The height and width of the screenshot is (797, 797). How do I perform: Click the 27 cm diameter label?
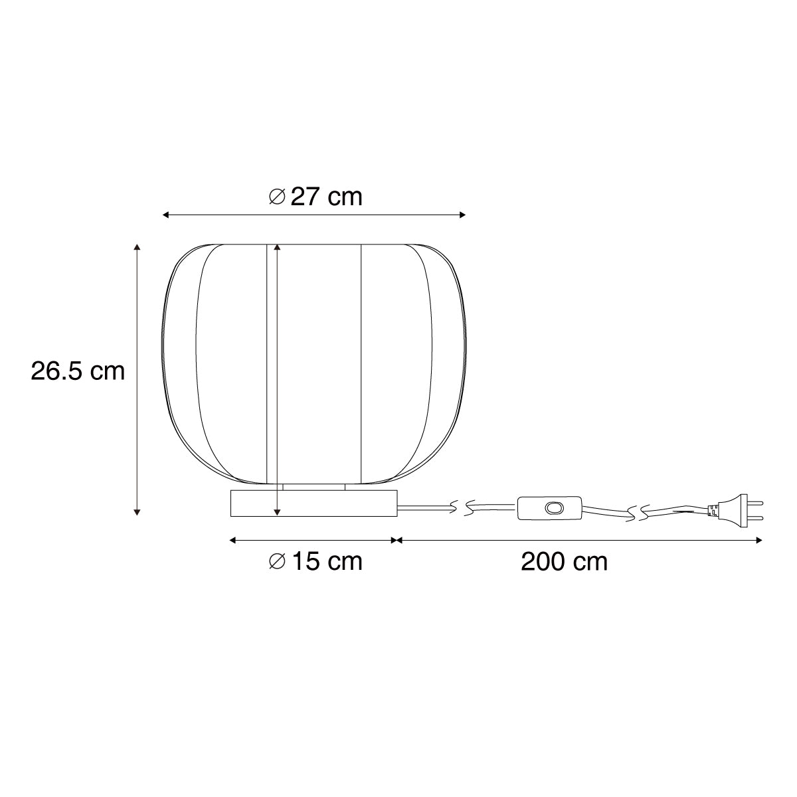click(315, 197)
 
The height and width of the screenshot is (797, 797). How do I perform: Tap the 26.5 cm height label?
click(78, 371)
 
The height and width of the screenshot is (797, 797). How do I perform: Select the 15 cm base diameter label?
click(315, 561)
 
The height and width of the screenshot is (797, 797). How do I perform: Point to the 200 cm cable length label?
click(564, 562)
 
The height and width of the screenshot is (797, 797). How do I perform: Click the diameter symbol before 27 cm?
click(277, 197)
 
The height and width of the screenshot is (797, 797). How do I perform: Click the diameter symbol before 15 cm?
click(277, 561)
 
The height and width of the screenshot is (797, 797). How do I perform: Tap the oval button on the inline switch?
click(553, 507)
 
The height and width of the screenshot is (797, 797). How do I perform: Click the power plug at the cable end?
click(735, 511)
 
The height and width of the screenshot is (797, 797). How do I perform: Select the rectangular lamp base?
click(314, 503)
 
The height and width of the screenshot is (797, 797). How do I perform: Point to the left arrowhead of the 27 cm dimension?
click(166, 215)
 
